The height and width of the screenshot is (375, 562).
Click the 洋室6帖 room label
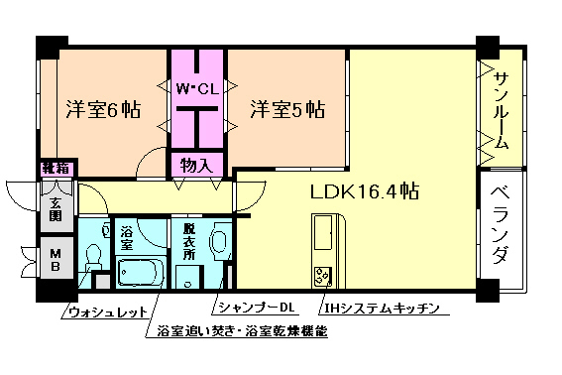pos(102,110)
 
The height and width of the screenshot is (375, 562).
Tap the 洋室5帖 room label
pos(287,109)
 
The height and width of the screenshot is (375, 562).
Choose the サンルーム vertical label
pos(502,109)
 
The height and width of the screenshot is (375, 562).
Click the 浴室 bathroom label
pos(127,238)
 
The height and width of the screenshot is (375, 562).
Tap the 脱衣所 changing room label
pos(188,240)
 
